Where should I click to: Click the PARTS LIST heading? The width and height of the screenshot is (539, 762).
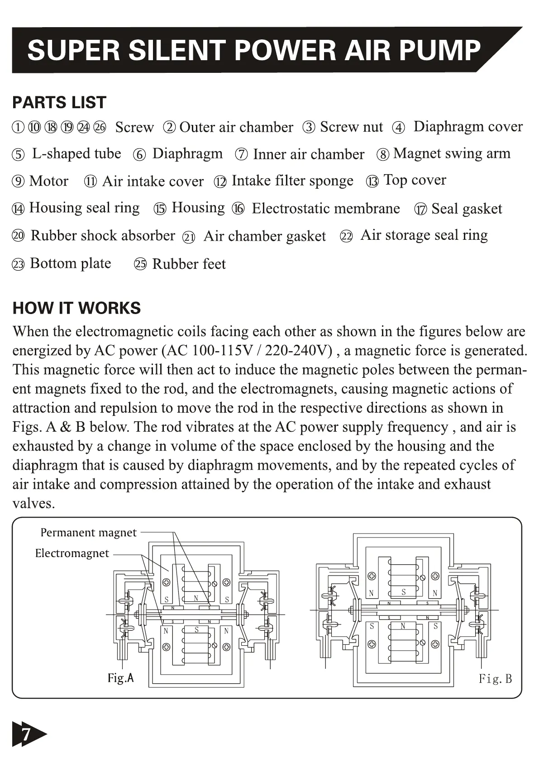[x=59, y=103]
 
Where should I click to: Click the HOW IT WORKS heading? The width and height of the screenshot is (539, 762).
[x=76, y=308]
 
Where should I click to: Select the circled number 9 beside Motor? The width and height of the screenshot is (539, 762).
[x=18, y=182]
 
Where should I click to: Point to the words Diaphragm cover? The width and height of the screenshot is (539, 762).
[x=468, y=127]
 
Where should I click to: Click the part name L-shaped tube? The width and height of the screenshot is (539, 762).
[x=76, y=154]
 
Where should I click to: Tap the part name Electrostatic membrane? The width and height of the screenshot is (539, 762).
[x=325, y=209]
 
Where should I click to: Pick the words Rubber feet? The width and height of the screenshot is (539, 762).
[x=189, y=264]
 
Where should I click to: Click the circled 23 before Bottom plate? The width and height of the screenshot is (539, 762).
[x=18, y=264]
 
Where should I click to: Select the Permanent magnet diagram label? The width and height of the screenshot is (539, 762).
[x=88, y=533]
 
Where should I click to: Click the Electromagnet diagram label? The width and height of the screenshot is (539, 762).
[x=72, y=553]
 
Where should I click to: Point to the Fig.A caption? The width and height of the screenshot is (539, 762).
[x=120, y=678]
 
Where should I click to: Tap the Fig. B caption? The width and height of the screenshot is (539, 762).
[x=495, y=679]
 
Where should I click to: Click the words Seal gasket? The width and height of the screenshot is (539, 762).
[x=467, y=209]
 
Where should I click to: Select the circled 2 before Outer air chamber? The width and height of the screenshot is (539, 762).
[x=169, y=128]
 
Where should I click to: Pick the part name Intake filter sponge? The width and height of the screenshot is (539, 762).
[x=292, y=181]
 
